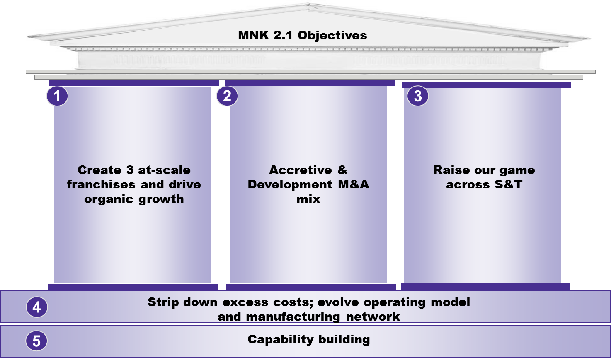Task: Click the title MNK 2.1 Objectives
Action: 302,35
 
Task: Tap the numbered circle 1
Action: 57,96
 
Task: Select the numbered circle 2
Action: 227,96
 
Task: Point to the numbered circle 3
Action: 418,96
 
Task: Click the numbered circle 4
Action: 36,307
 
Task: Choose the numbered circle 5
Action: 36,341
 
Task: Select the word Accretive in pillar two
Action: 301,170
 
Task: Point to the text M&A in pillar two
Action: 354,184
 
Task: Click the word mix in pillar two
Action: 308,199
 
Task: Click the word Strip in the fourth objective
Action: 163,302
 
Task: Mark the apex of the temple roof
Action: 309,5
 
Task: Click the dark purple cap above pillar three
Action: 486,85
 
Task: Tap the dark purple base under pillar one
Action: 133,287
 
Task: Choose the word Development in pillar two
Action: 290,184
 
